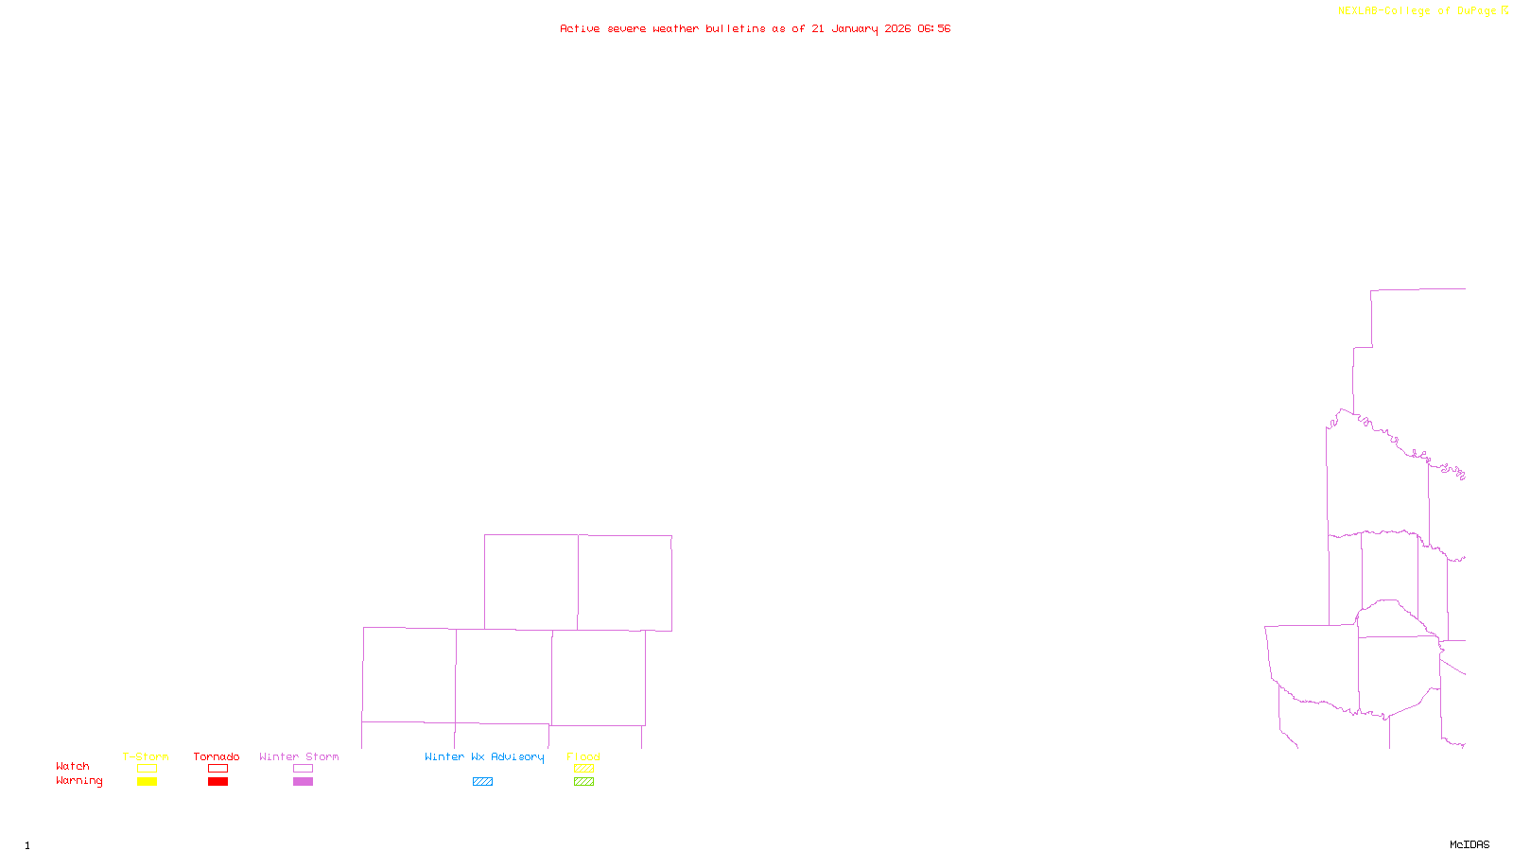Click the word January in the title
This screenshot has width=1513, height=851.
[854, 29]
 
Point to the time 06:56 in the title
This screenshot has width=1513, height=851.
[933, 29]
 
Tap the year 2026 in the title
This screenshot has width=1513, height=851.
[897, 29]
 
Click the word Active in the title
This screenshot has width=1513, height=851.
[579, 29]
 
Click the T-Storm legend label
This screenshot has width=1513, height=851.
[146, 756]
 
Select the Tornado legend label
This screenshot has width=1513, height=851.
[217, 756]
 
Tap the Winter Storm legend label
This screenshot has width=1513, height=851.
[299, 756]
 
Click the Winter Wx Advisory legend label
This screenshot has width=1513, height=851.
[484, 756]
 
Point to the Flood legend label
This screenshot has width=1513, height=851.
[583, 756]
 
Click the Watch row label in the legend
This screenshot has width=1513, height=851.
[73, 766]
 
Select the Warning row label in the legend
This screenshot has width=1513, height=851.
[78, 781]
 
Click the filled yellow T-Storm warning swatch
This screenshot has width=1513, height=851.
[147, 782]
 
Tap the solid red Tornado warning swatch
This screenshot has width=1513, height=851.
[217, 782]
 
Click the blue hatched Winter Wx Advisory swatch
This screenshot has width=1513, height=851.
[482, 782]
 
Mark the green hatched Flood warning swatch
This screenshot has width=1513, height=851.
[583, 782]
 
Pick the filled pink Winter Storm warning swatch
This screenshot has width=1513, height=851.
[303, 782]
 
